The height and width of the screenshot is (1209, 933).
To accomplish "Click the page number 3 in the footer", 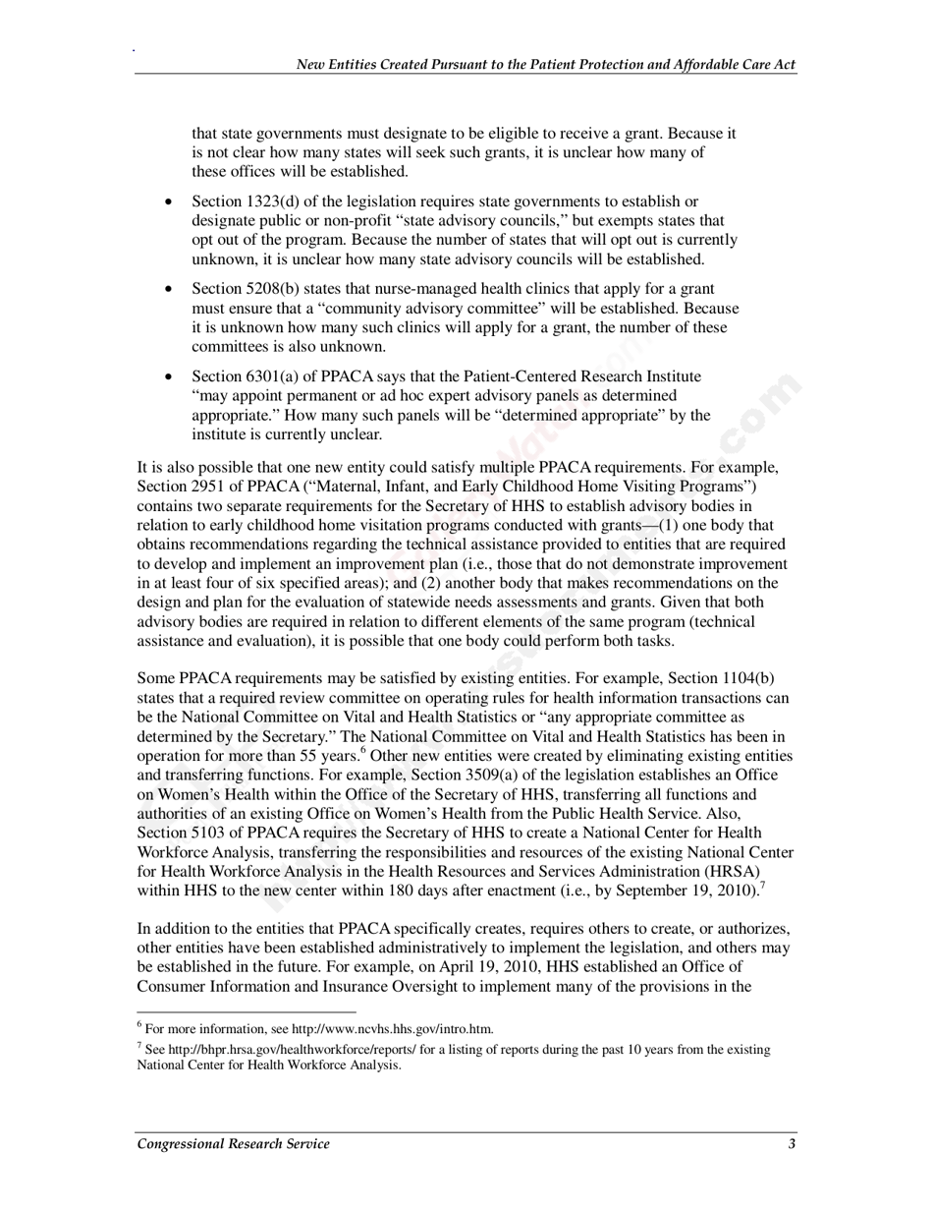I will [792, 1143].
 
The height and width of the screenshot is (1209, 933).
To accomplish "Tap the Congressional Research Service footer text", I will [233, 1143].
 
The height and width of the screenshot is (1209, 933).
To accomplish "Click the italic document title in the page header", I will [546, 65].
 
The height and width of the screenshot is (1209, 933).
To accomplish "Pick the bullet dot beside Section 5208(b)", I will [170, 289].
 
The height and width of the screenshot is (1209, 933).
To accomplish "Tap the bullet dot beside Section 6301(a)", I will [170, 376].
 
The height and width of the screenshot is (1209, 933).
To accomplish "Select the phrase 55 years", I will [325, 756].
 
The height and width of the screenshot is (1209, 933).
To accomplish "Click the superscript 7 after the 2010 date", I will [763, 886].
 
